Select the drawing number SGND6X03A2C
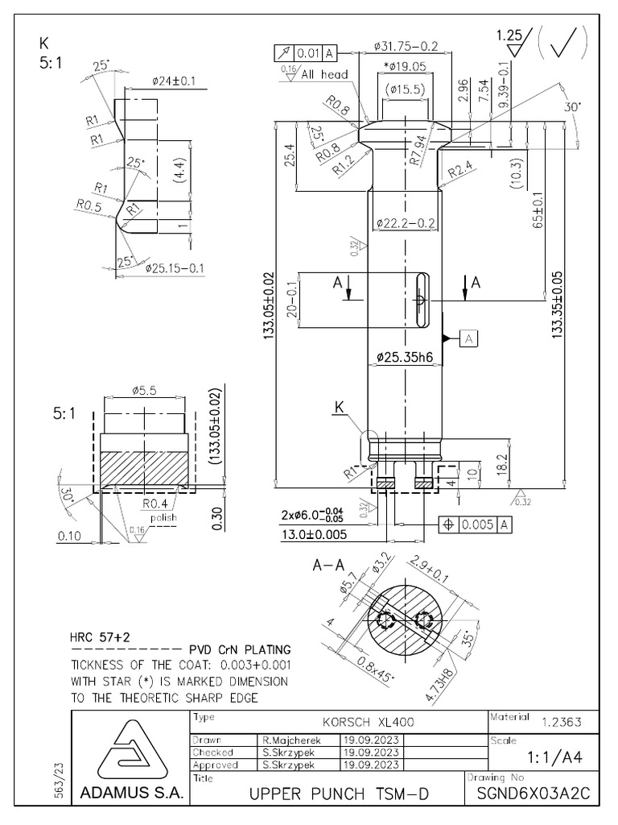click(533, 794)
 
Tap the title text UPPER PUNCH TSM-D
click(339, 795)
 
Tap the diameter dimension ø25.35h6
click(403, 356)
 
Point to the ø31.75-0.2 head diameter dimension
click(406, 46)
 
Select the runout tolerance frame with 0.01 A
click(305, 53)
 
